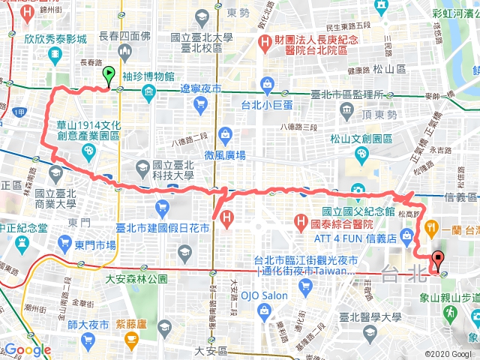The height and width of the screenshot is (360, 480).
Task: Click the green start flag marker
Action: pyautogui.click(x=109, y=75)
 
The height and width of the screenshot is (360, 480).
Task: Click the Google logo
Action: pyautogui.click(x=27, y=350)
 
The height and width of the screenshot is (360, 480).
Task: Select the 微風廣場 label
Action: pyautogui.click(x=225, y=155)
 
